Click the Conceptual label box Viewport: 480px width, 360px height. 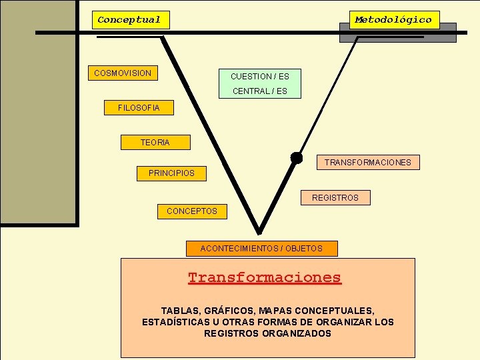(x=130, y=20)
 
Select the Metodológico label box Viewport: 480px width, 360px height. (x=394, y=20)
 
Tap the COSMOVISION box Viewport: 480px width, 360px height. (x=123, y=73)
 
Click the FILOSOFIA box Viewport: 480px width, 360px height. (x=139, y=107)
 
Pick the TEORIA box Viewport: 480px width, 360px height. (x=155, y=142)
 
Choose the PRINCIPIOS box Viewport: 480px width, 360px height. (x=172, y=173)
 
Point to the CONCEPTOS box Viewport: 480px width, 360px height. (x=192, y=211)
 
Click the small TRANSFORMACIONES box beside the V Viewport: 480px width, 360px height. (x=367, y=162)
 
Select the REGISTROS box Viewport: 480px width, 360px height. (x=335, y=197)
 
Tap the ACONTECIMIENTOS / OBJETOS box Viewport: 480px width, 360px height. (x=261, y=249)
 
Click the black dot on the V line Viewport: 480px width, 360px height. (x=296, y=157)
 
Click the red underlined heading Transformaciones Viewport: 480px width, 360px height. (x=265, y=277)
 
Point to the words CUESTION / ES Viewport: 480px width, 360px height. (x=260, y=77)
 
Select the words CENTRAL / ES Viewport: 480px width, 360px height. (x=260, y=91)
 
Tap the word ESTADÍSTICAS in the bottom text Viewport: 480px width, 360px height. (x=177, y=322)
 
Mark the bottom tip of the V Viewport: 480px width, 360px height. (x=259, y=232)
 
